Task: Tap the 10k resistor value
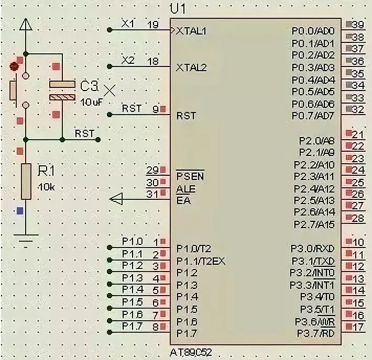pyautogui.click(x=46, y=186)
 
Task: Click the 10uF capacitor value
pyautogui.click(x=92, y=102)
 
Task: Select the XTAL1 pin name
pyautogui.click(x=192, y=31)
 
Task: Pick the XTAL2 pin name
pyautogui.click(x=192, y=67)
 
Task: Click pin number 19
pyautogui.click(x=153, y=25)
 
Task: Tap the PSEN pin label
pyautogui.click(x=190, y=176)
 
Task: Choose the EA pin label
pyautogui.click(x=183, y=200)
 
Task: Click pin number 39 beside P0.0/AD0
pyautogui.click(x=358, y=25)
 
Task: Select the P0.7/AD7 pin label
pyautogui.click(x=313, y=115)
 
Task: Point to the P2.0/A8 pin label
pyautogui.click(x=316, y=140)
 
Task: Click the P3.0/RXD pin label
pyautogui.click(x=312, y=248)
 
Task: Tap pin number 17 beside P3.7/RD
pyautogui.click(x=358, y=328)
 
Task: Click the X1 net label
pyautogui.click(x=127, y=24)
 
